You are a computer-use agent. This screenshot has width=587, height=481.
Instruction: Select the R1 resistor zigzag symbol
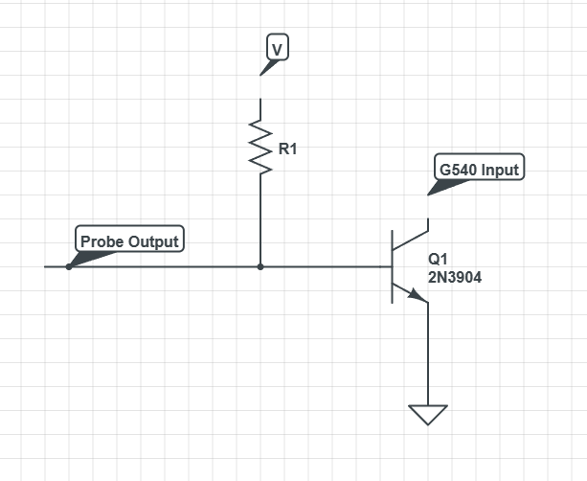(x=260, y=146)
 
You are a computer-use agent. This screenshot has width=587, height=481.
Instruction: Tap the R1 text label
(x=287, y=149)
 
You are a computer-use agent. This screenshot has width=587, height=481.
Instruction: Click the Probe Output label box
(x=129, y=240)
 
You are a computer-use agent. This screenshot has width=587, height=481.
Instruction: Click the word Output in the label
(x=153, y=240)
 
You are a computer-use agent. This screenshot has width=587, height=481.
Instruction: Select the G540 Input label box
(x=479, y=170)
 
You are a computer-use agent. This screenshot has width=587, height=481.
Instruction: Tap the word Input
(x=500, y=170)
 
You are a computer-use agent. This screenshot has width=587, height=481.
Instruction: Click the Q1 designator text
(x=438, y=259)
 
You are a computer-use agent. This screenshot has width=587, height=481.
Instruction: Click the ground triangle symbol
(x=427, y=415)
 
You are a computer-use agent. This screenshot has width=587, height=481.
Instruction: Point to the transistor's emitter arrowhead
(x=419, y=297)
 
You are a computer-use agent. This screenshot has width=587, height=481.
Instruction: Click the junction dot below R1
(x=260, y=266)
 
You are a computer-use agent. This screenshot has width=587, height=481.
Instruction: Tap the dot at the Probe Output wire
(x=68, y=266)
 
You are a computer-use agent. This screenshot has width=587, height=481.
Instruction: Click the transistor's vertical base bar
(x=392, y=266)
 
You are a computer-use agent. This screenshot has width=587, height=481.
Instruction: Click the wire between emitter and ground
(x=427, y=355)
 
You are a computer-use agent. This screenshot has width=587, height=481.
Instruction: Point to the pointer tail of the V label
(x=265, y=68)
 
